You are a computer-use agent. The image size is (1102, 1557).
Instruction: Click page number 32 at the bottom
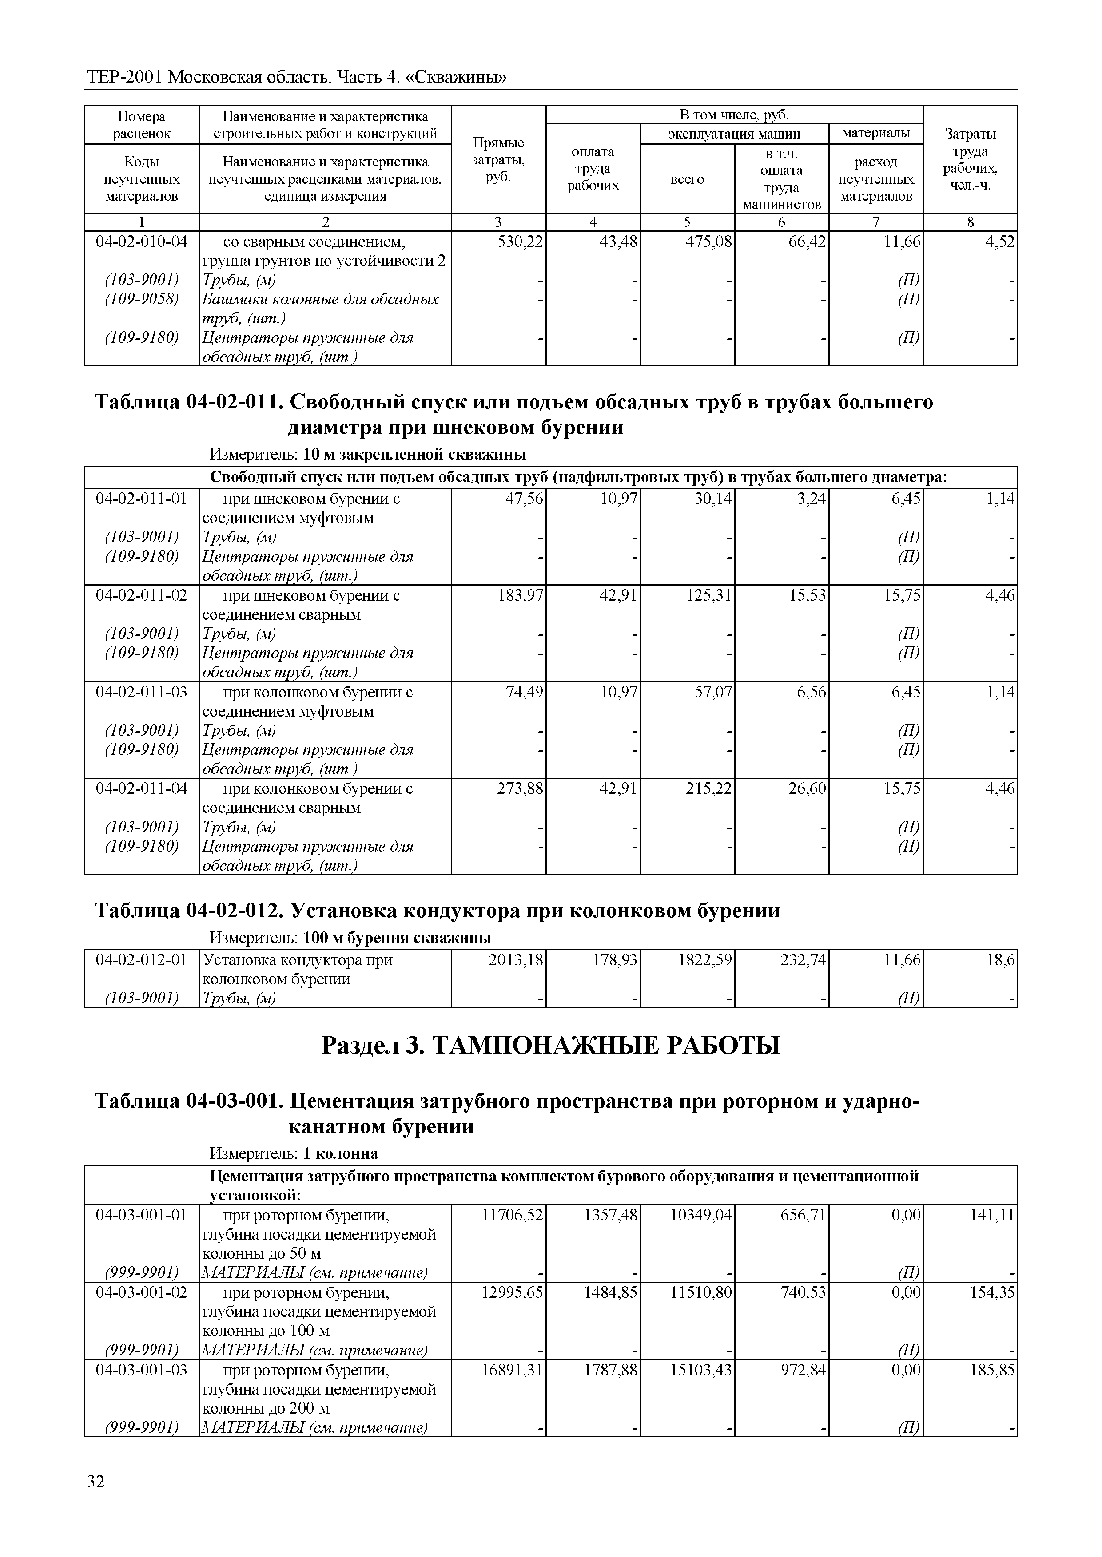95,1502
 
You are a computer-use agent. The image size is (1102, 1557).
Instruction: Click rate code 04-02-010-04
141,242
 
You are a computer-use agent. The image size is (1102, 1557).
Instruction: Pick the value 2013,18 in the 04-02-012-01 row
516,960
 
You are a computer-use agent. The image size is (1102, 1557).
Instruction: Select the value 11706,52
512,1215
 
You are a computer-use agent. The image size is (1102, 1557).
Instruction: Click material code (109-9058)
141,299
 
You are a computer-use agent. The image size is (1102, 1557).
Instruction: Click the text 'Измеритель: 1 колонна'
293,1153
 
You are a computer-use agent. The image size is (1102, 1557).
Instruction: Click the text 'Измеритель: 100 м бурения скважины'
350,938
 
